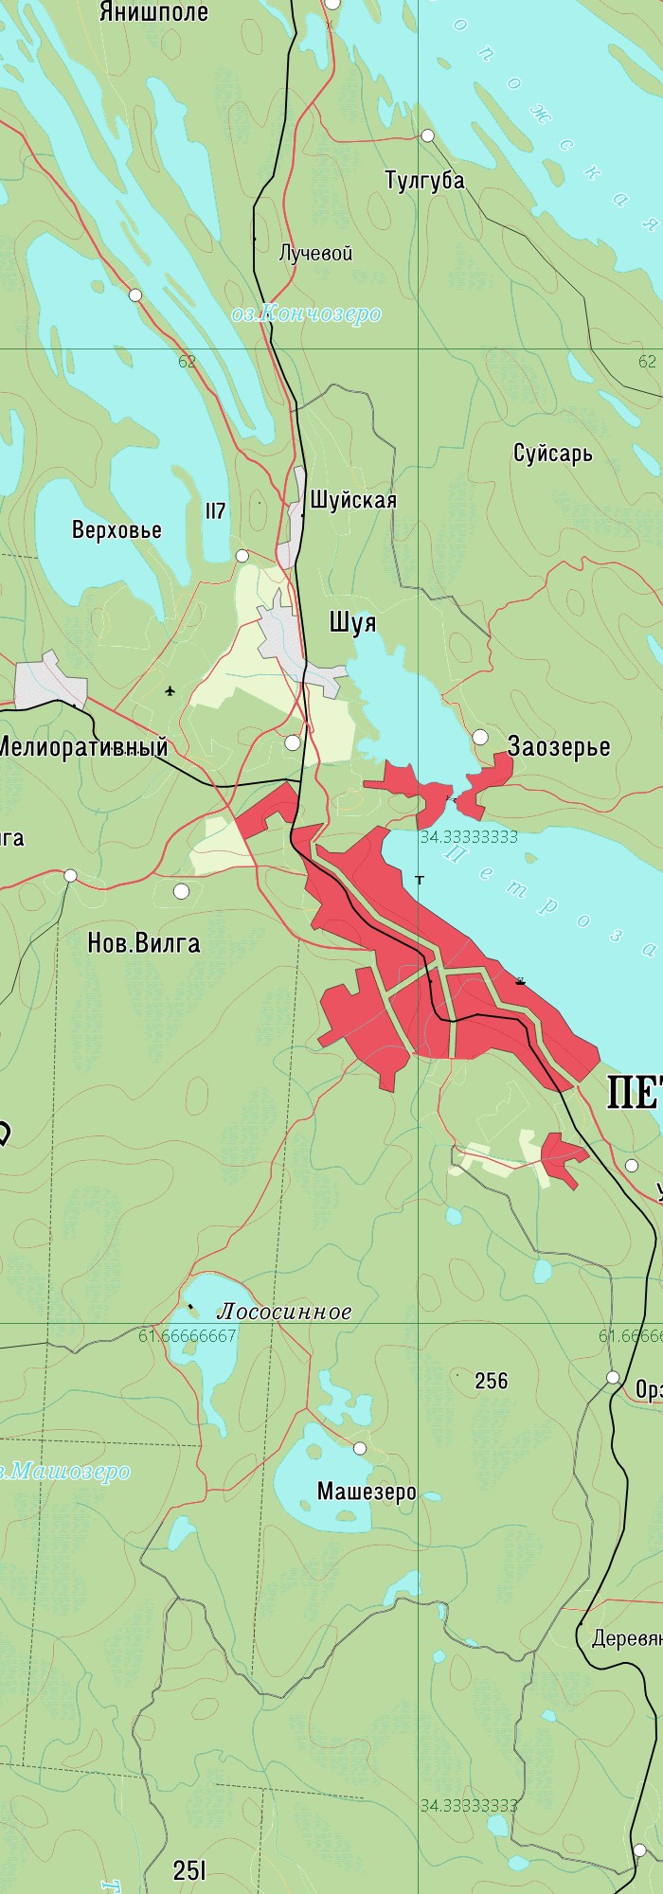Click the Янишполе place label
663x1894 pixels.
[153, 12]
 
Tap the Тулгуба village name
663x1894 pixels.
[424, 180]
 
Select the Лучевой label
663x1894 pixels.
[316, 253]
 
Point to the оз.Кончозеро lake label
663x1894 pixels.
[307, 313]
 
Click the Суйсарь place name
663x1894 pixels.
[553, 454]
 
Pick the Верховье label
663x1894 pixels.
[116, 529]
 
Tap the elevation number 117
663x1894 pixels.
[215, 511]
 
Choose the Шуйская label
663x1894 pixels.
[353, 500]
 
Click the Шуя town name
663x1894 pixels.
[352, 622]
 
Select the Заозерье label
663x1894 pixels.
[559, 746]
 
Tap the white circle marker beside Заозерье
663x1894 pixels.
[480, 737]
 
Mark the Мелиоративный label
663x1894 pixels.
[82, 747]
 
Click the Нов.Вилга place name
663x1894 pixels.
[143, 943]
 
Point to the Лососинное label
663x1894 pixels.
[284, 1312]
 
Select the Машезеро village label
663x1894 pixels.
[367, 1492]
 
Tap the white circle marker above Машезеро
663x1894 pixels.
[360, 1448]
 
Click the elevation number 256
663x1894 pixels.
[492, 1381]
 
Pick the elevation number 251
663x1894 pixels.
[189, 1869]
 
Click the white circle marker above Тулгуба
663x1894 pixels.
[427, 135]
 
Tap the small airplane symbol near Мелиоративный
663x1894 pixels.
[170, 690]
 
